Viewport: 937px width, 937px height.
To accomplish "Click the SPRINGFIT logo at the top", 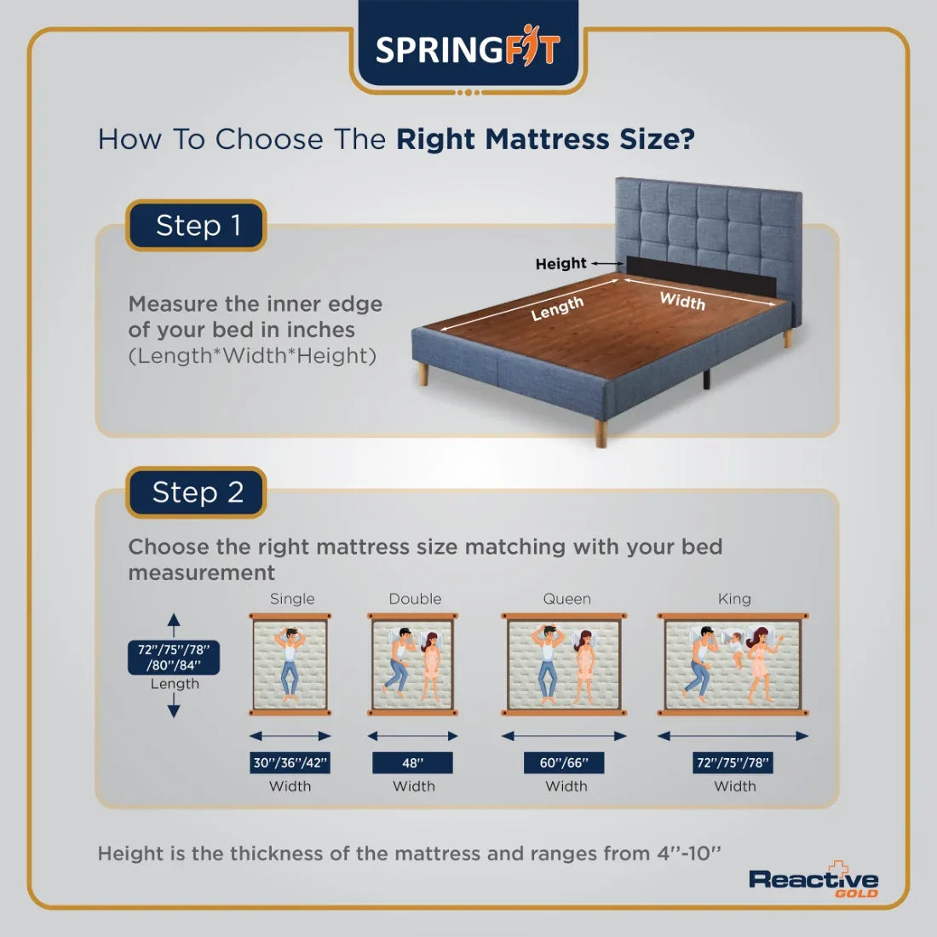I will tap(468, 49).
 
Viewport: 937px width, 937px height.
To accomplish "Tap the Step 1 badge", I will tap(197, 226).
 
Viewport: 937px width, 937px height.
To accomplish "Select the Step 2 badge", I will tap(197, 492).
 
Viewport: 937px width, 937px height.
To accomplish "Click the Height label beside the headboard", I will tap(560, 264).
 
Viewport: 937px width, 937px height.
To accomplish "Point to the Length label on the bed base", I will tap(557, 308).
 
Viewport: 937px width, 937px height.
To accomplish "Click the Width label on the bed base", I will tap(682, 300).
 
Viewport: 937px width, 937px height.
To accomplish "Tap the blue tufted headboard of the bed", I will tap(707, 221).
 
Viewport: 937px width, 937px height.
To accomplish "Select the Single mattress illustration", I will tap(290, 664).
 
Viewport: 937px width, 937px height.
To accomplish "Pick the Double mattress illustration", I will tap(414, 664).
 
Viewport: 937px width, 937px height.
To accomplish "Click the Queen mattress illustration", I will tap(564, 664).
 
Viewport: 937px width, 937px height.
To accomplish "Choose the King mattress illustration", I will tap(733, 664).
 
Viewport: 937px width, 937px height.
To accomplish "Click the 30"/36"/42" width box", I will tap(290, 762).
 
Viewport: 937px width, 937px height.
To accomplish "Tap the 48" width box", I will tap(412, 762).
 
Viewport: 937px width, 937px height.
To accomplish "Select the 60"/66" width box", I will tap(564, 762).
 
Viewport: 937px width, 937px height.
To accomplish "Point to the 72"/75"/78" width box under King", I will tap(733, 762).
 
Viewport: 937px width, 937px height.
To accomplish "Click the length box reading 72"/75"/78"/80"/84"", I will tap(174, 658).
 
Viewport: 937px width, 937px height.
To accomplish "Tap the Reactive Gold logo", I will tap(813, 881).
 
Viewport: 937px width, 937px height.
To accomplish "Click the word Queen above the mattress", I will tap(566, 599).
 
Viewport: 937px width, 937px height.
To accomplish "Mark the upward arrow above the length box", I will tap(174, 624).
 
